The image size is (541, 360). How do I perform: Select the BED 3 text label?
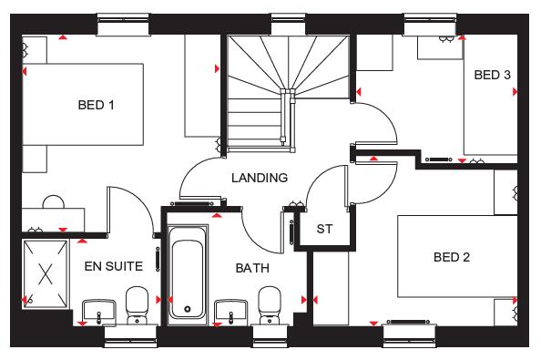(492, 76)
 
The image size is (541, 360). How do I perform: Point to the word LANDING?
(259, 178)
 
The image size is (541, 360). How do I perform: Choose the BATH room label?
(251, 269)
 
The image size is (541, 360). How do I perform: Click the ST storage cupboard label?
(324, 229)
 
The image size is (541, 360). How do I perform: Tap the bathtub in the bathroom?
(189, 277)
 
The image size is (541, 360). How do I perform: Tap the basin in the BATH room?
(230, 310)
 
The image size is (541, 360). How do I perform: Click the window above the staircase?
(287, 20)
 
